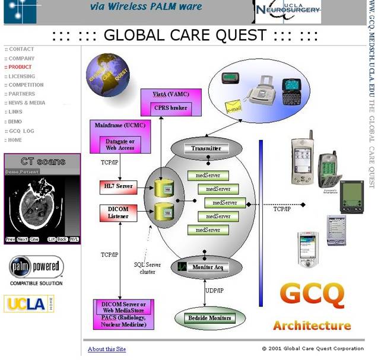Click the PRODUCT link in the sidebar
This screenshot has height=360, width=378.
click(20, 67)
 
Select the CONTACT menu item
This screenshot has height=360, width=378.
click(21, 49)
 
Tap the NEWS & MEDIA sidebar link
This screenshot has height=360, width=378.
click(27, 103)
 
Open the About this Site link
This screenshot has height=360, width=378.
click(107, 349)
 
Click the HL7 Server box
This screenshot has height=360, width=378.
click(119, 187)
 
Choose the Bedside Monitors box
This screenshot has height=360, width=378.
click(209, 318)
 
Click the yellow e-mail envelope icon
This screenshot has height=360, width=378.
click(234, 109)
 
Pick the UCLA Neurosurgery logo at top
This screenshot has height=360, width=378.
click(288, 10)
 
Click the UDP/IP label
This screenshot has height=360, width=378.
click(214, 290)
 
